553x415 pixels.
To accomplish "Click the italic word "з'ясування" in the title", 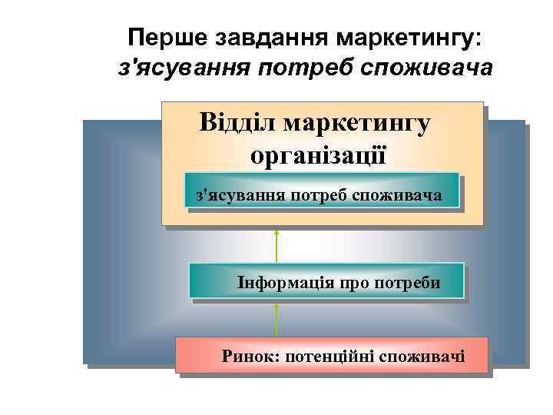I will tap(184, 69).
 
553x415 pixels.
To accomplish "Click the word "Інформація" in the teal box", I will tap(283, 282).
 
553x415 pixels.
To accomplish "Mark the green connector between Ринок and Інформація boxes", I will tap(276, 319).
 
